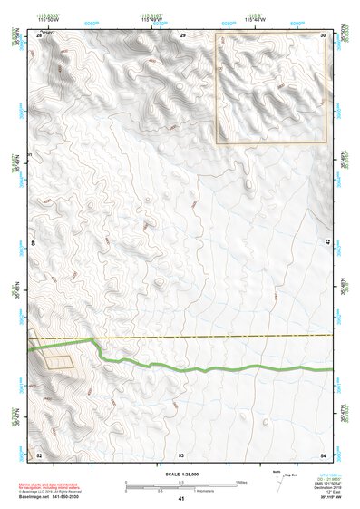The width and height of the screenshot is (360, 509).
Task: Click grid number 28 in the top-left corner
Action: pyautogui.click(x=39, y=34)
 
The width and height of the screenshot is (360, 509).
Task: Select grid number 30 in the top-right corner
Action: pyautogui.click(x=324, y=34)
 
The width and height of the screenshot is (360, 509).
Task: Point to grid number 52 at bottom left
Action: pyautogui.click(x=39, y=453)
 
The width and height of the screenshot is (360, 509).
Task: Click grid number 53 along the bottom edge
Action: pyautogui.click(x=181, y=453)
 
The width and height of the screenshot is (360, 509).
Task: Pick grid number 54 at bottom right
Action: pyautogui.click(x=323, y=453)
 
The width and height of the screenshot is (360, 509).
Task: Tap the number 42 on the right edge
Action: pyautogui.click(x=328, y=242)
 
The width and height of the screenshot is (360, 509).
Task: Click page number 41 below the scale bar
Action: pyautogui.click(x=181, y=499)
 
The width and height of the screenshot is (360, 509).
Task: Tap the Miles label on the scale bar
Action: pyautogui.click(x=240, y=482)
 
